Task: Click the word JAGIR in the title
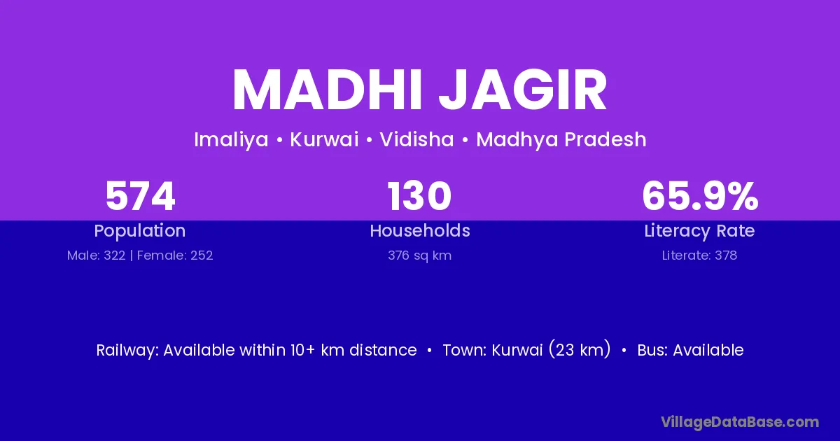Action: point(522,90)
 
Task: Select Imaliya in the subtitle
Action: point(231,140)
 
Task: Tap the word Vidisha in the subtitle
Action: point(416,139)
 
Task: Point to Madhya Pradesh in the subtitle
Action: point(561,140)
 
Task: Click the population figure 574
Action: point(140,196)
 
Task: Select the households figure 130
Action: point(419,196)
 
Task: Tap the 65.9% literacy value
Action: point(700,196)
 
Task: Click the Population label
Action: point(140,231)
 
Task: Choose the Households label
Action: point(420,230)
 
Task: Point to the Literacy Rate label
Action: point(699,231)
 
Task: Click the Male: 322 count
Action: point(96,255)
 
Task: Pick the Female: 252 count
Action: point(175,255)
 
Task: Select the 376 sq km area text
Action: point(419,255)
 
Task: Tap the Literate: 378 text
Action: point(699,255)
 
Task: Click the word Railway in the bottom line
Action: point(127,350)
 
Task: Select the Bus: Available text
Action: point(690,350)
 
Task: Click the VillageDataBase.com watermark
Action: point(740,422)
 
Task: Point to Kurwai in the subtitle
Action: point(324,139)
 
